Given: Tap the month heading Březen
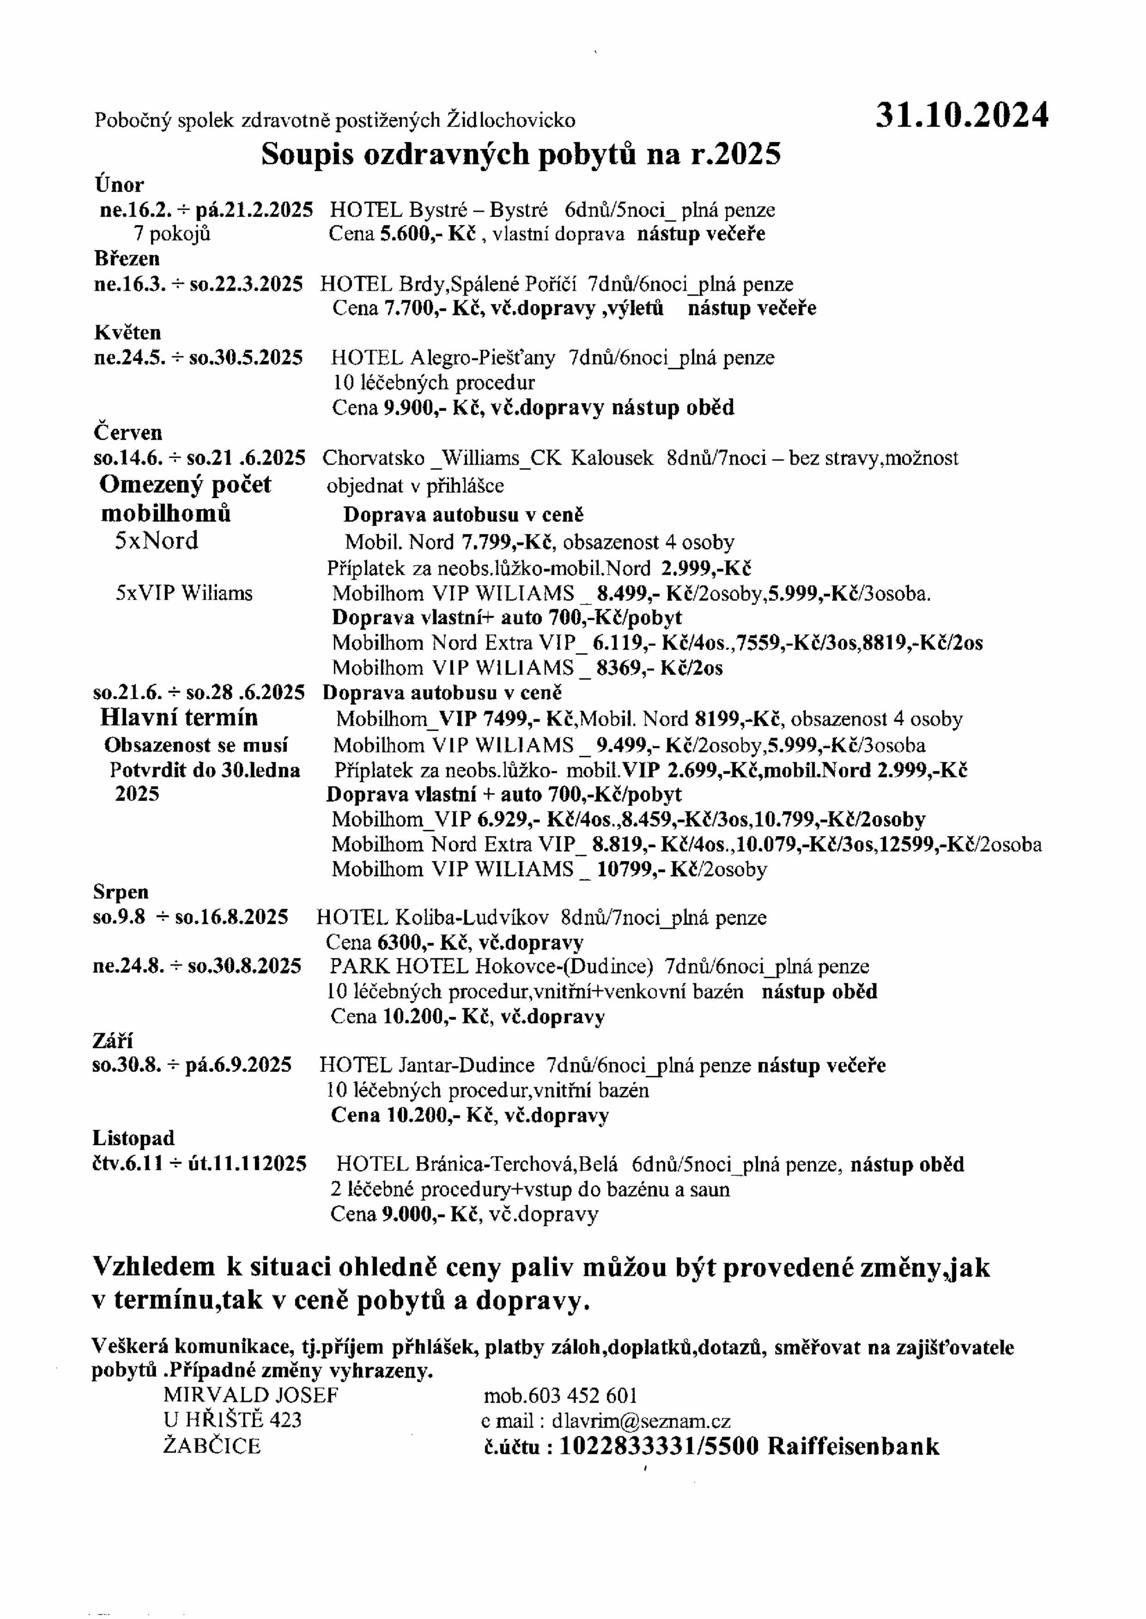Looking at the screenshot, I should pyautogui.click(x=127, y=259).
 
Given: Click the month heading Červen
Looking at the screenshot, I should pyautogui.click(x=128, y=432).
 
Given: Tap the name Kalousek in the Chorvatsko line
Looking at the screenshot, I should pyautogui.click(x=612, y=459).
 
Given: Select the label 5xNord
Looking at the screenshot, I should pyautogui.click(x=157, y=541).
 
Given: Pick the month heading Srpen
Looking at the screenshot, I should pyautogui.click(x=121, y=892).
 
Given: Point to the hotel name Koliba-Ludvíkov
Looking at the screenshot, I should pyautogui.click(x=472, y=918).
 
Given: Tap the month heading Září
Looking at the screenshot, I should pyautogui.click(x=113, y=1041).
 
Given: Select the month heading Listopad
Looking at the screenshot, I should pyautogui.click(x=134, y=1139).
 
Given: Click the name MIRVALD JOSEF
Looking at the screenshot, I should pyautogui.click(x=251, y=1395).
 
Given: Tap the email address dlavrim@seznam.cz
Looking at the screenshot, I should pyautogui.click(x=641, y=1421).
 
